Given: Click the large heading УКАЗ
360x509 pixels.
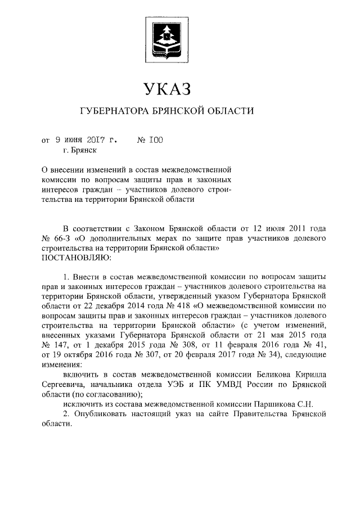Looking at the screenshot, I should pos(168,88).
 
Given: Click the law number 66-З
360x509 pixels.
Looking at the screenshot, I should pos(63,238).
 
